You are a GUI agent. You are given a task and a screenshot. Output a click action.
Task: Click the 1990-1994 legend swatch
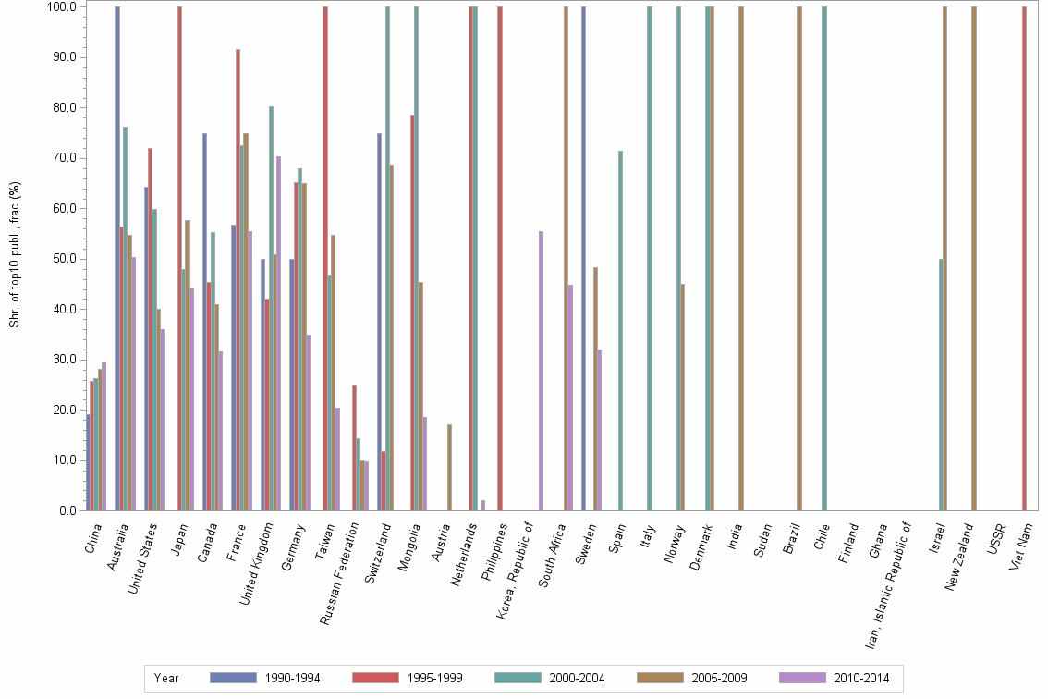click(x=233, y=678)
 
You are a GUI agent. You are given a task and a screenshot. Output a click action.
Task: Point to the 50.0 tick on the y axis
click(x=65, y=259)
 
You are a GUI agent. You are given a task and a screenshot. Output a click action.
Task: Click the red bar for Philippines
click(x=500, y=258)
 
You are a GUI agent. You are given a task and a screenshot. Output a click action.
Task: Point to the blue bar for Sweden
click(x=584, y=258)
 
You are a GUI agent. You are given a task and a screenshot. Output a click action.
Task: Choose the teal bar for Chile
click(x=823, y=258)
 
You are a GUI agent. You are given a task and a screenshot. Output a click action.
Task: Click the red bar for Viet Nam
click(x=1024, y=258)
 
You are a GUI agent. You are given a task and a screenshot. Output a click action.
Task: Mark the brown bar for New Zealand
click(x=974, y=258)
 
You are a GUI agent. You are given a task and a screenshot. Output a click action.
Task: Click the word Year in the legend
click(x=166, y=678)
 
